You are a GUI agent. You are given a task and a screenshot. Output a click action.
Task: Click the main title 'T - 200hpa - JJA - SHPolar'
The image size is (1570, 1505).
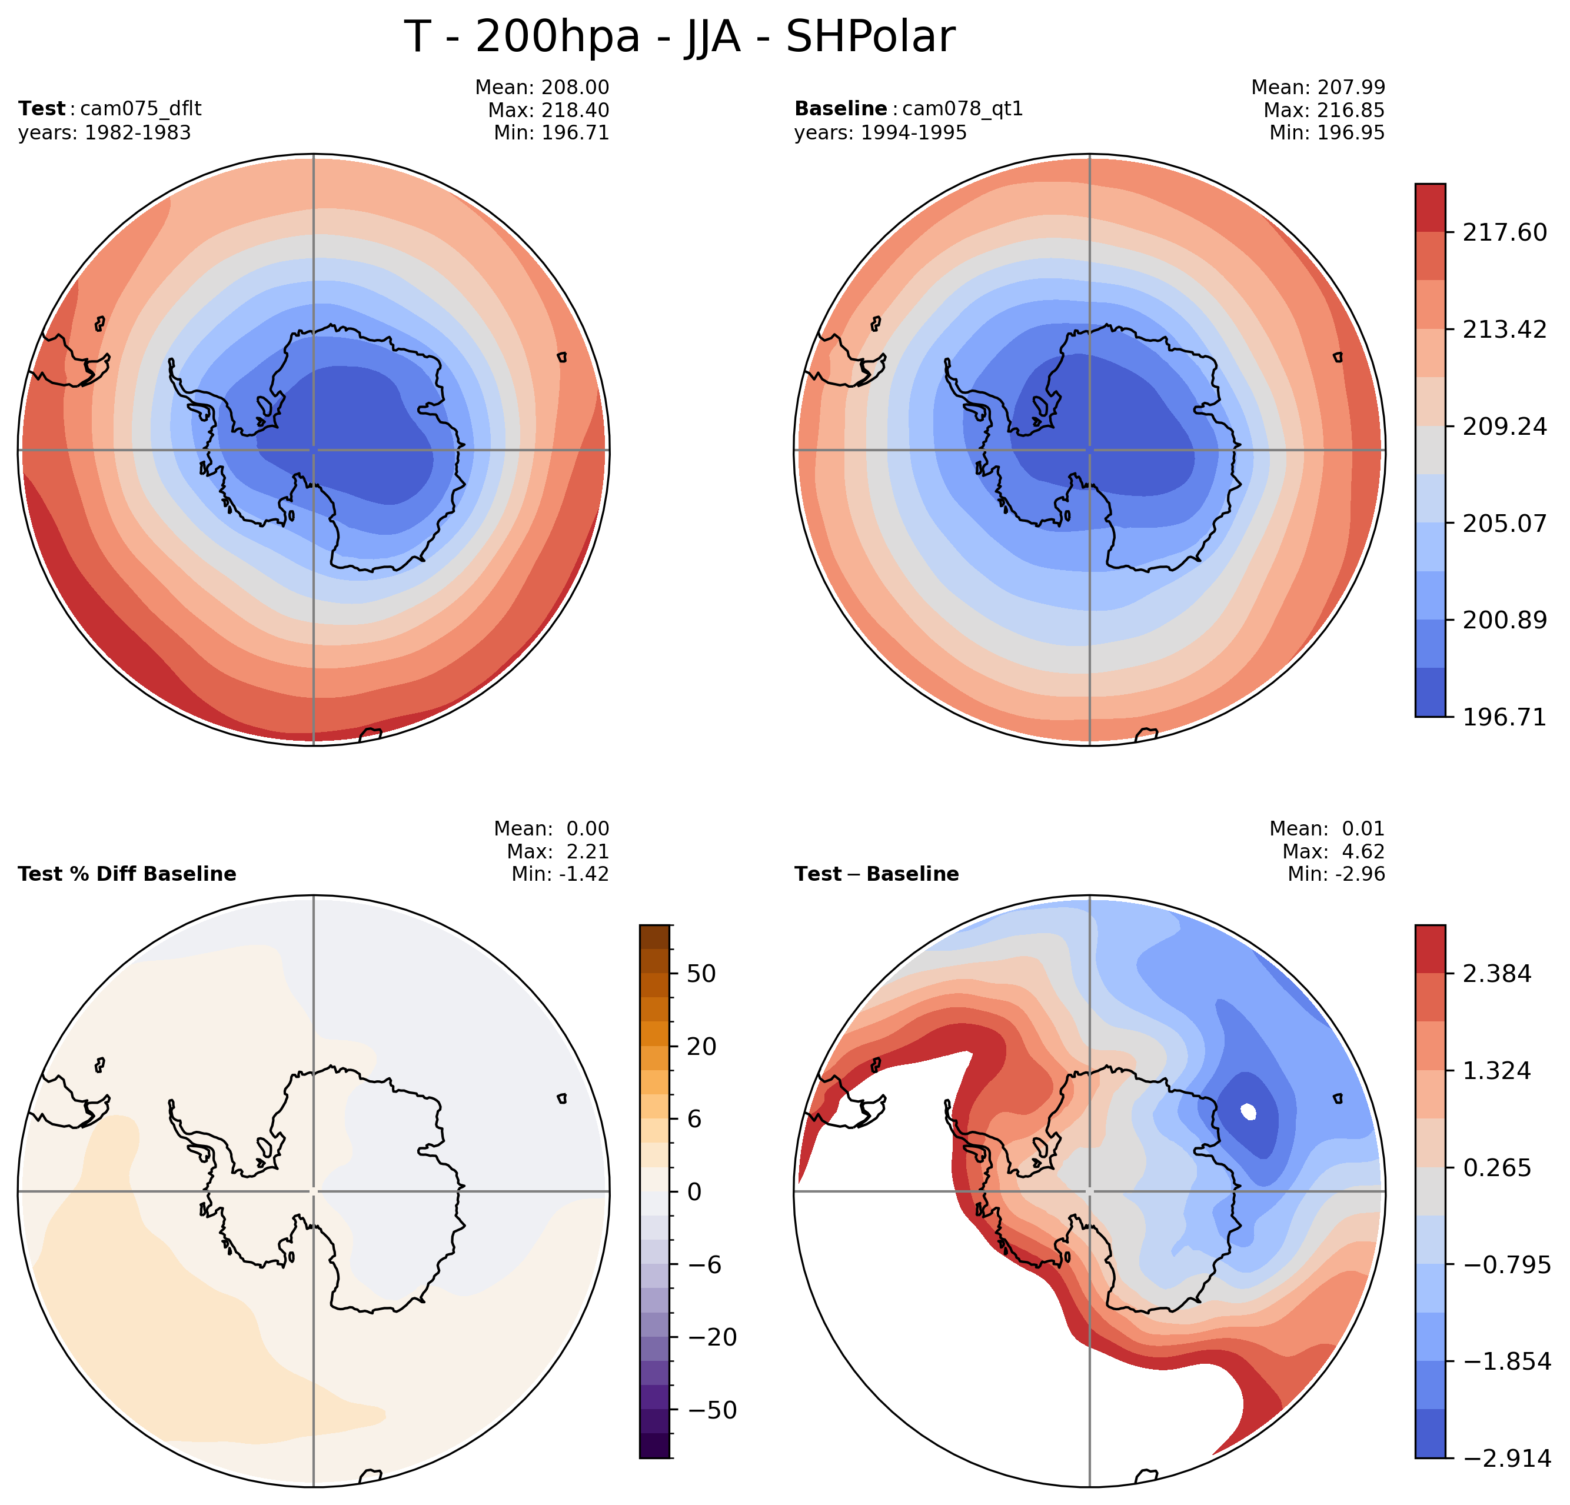pyautogui.click(x=678, y=37)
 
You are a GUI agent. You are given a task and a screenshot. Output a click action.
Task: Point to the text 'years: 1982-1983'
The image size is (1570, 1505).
pyautogui.click(x=104, y=133)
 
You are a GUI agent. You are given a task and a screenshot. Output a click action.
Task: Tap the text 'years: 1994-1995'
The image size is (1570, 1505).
pyautogui.click(x=880, y=133)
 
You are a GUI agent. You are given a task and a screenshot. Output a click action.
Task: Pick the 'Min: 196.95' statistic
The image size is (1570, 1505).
pyautogui.click(x=1326, y=133)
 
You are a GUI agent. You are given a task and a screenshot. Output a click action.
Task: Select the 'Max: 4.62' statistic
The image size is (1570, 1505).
pyautogui.click(x=1333, y=851)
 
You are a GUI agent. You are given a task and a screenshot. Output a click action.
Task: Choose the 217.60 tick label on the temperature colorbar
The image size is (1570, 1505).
pyautogui.click(x=1504, y=233)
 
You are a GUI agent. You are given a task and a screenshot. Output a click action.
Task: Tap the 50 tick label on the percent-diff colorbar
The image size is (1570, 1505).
pyautogui.click(x=701, y=974)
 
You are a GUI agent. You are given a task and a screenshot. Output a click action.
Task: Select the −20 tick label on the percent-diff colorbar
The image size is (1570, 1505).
pyautogui.click(x=712, y=1337)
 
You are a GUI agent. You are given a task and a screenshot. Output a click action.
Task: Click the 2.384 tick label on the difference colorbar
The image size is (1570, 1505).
pyautogui.click(x=1496, y=974)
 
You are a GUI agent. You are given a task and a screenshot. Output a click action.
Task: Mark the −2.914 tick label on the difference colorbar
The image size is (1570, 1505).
pyautogui.click(x=1506, y=1459)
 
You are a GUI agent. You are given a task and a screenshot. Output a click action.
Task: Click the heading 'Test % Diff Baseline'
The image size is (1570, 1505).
pyautogui.click(x=127, y=874)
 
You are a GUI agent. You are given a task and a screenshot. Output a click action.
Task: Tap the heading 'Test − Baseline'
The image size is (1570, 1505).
pyautogui.click(x=876, y=874)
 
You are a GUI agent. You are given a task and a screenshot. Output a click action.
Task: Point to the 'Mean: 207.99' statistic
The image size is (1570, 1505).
pyautogui.click(x=1318, y=87)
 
